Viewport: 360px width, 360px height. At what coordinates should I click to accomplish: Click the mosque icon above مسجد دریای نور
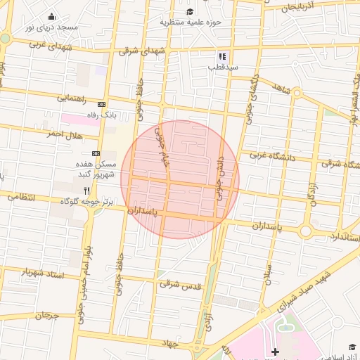tap(51, 17)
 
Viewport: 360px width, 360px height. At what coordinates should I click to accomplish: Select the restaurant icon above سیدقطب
tap(222, 56)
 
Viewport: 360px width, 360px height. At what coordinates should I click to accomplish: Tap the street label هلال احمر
tap(65, 134)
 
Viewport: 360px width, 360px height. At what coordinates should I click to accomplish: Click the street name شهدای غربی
tap(48, 44)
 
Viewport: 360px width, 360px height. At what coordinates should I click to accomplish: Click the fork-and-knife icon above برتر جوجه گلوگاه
tap(86, 191)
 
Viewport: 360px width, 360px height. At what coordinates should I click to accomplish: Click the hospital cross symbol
tap(275, 351)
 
